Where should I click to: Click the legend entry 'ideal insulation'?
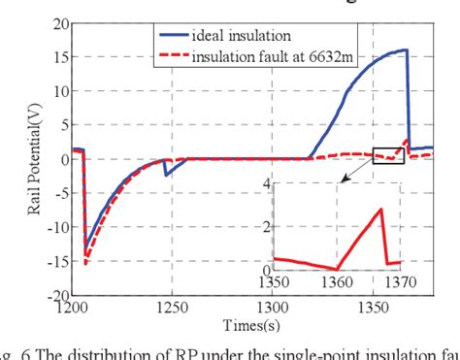tap(247, 36)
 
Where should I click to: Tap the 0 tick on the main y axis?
tap(63, 159)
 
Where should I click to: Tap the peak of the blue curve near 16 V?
tap(405, 49)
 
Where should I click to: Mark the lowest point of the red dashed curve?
tap(85, 263)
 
